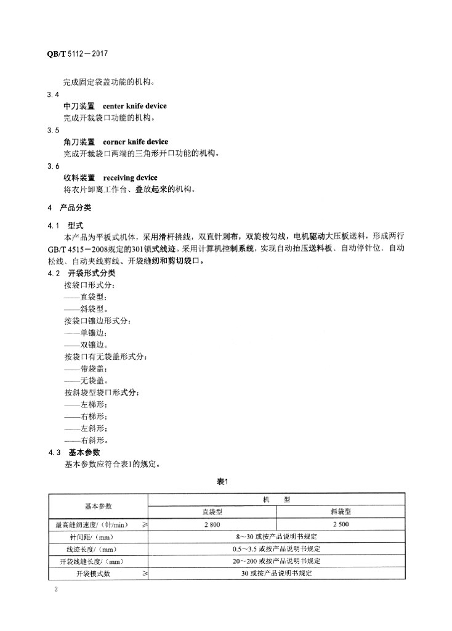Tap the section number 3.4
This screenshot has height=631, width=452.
click(53, 95)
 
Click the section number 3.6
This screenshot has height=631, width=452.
click(53, 166)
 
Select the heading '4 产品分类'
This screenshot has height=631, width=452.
click(68, 207)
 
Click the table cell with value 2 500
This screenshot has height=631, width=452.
click(341, 524)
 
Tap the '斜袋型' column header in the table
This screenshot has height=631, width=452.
click(341, 511)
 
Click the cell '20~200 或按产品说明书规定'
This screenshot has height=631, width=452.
click(276, 561)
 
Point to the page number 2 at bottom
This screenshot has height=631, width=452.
click(55, 590)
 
